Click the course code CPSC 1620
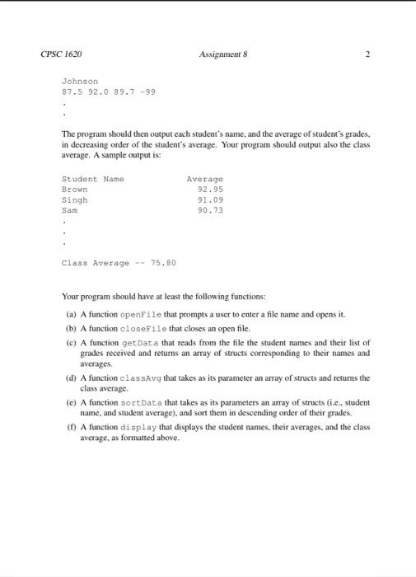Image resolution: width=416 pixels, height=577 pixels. (60, 54)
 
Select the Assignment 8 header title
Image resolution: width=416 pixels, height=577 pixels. (223, 54)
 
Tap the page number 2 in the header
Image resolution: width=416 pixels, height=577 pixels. (367, 54)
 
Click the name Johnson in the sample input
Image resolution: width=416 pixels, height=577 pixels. (80, 82)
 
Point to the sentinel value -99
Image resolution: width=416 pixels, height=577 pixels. (147, 91)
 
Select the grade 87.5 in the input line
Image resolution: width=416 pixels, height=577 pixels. (72, 91)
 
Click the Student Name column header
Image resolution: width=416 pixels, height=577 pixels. (91, 179)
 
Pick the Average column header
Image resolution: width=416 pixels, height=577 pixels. (205, 179)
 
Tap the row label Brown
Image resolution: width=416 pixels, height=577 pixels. (74, 189)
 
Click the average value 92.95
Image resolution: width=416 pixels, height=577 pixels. (211, 189)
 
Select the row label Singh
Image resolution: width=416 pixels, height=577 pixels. (74, 199)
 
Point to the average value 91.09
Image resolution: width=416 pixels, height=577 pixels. (211, 199)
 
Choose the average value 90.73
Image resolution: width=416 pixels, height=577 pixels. (211, 210)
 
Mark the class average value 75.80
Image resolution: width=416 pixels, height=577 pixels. (163, 263)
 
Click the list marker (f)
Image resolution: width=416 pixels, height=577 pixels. (72, 428)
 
